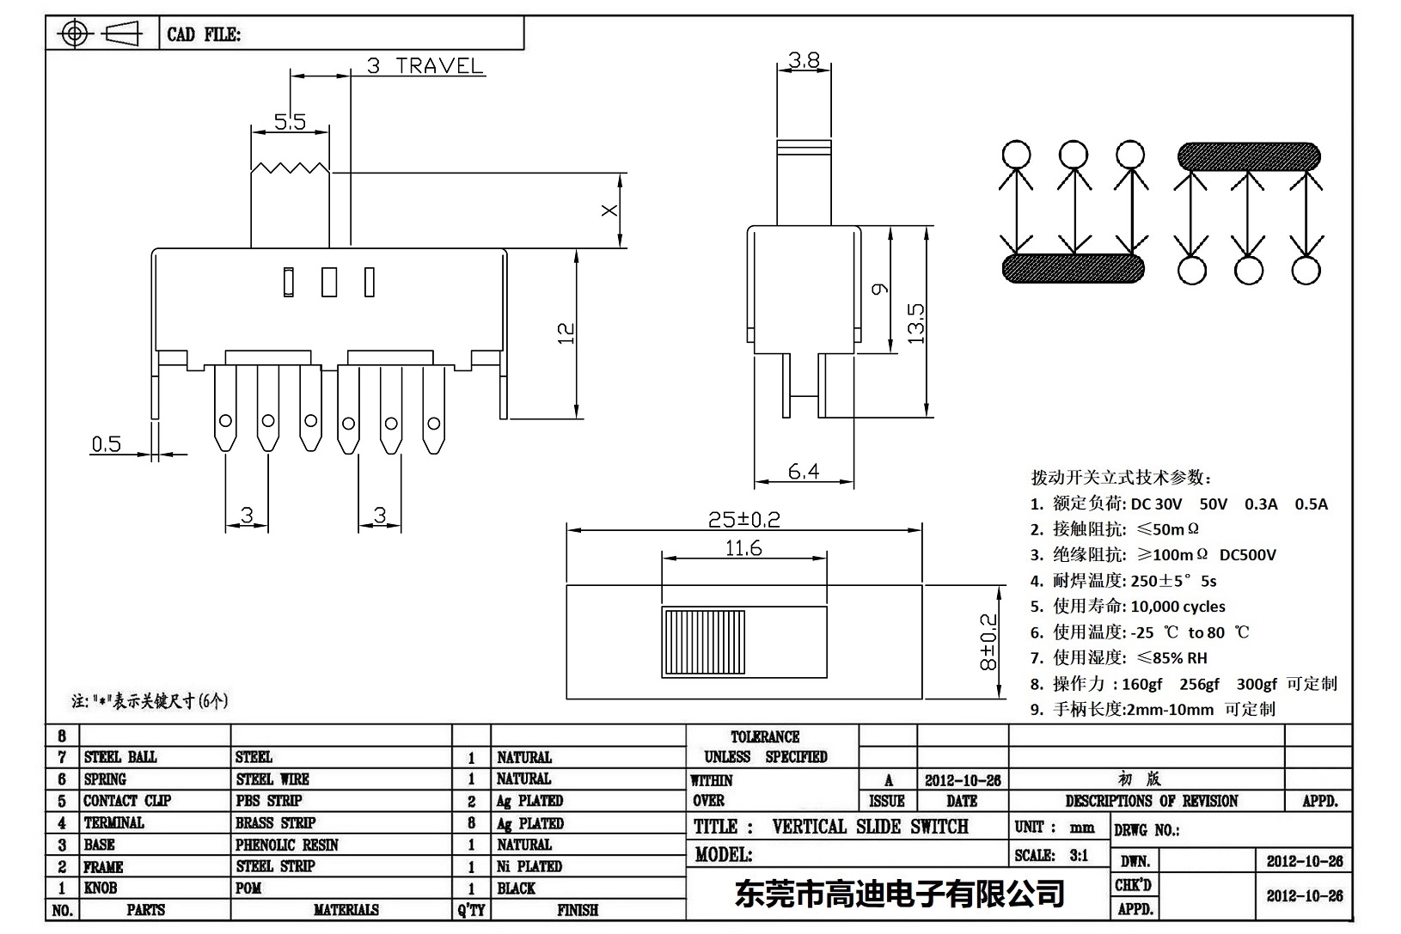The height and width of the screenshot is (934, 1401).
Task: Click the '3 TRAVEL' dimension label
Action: [425, 65]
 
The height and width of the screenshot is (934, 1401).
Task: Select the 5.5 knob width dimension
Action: [290, 121]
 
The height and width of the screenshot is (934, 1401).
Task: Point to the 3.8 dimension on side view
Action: [804, 59]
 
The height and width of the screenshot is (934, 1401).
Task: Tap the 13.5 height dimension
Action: [916, 323]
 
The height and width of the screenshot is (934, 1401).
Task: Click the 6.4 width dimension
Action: [803, 470]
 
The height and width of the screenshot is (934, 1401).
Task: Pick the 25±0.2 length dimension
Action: [743, 519]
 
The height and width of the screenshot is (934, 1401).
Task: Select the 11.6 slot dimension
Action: [743, 547]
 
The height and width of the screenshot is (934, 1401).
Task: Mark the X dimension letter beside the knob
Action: [609, 210]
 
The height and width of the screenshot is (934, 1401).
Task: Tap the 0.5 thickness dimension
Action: [107, 443]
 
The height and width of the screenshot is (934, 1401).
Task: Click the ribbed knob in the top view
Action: [703, 642]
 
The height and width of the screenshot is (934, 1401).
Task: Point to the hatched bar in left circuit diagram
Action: [1073, 268]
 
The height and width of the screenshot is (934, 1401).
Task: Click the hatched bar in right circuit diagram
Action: [1248, 156]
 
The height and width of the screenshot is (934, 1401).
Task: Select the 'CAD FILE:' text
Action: [204, 34]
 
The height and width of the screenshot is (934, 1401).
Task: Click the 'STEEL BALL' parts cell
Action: [120, 757]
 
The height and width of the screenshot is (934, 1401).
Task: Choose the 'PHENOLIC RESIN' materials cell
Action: [286, 845]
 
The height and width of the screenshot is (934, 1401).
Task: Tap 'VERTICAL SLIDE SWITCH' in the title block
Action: [870, 827]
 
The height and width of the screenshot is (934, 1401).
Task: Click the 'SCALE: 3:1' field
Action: [1050, 855]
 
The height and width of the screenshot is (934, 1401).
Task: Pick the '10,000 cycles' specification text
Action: [1178, 606]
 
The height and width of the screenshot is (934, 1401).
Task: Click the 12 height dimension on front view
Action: [566, 333]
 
